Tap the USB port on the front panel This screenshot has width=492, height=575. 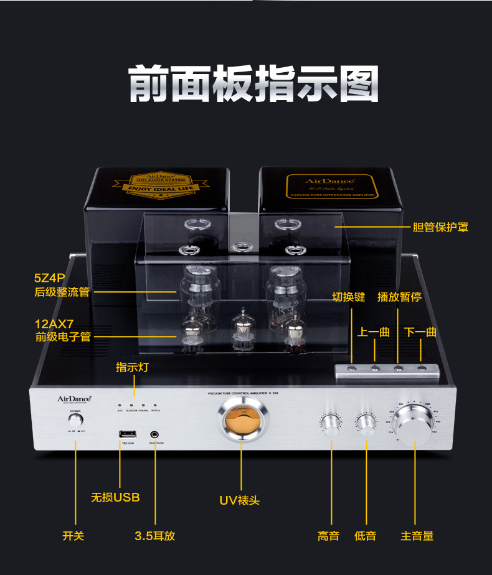pos(121,432)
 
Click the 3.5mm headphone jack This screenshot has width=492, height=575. pos(154,434)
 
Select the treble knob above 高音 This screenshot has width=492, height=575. pos(331,423)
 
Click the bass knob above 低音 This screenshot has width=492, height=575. pos(366,423)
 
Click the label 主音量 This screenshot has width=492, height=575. pos(417,536)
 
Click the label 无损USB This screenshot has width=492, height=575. pos(115,498)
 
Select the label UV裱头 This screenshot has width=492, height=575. pos(239,500)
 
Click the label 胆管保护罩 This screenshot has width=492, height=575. pos(440,228)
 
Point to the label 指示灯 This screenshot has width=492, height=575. pos(132,367)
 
